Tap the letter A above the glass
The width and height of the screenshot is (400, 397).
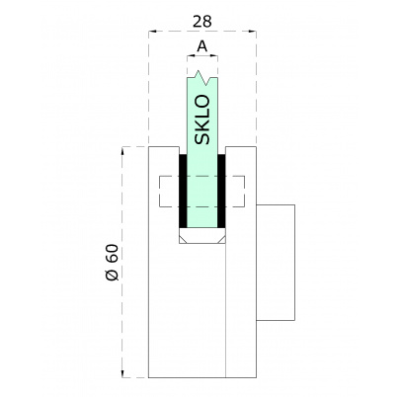201,46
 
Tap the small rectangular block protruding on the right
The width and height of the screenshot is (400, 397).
276,262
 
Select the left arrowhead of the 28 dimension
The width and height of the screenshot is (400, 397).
151,32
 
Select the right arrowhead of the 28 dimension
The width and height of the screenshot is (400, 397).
253,32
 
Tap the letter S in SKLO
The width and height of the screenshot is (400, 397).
202,138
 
